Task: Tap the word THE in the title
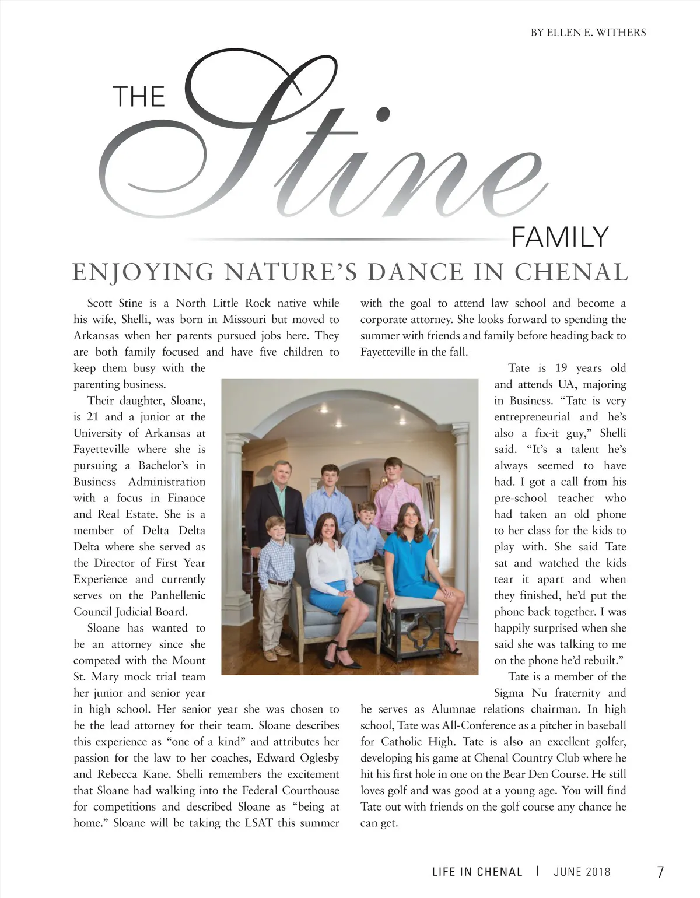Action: pos(139,97)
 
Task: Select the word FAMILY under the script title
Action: pos(560,237)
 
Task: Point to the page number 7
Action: pos(660,872)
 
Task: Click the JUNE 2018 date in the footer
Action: pos(582,872)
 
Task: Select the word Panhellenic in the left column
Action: pos(175,595)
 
